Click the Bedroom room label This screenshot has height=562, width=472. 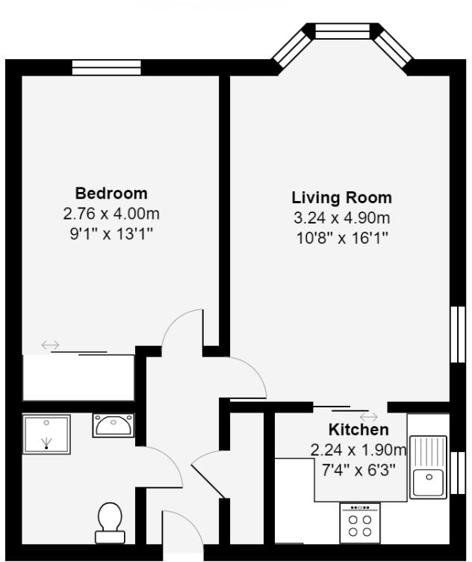tap(111, 193)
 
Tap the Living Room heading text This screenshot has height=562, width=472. tap(341, 198)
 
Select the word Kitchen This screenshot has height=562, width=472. tap(358, 430)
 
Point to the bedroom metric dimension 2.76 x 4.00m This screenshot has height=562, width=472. tap(111, 214)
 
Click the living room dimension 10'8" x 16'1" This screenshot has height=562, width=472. tap(341, 238)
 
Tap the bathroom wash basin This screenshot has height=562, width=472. tap(114, 425)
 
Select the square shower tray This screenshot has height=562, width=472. tap(46, 434)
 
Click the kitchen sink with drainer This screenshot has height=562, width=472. tap(427, 467)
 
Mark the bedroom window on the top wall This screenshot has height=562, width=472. tap(106, 68)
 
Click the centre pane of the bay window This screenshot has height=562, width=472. tap(342, 31)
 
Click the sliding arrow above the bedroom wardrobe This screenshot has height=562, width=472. tap(51, 345)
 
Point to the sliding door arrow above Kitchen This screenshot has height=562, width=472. tap(368, 416)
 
